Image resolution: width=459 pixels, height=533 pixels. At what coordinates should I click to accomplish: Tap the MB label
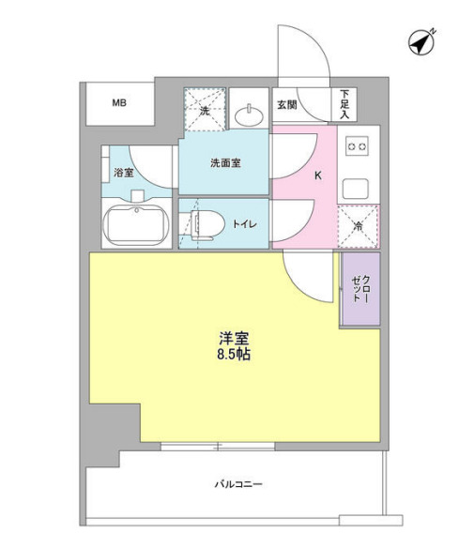pos(119,103)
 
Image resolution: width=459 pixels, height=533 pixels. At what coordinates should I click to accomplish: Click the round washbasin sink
pos(250,115)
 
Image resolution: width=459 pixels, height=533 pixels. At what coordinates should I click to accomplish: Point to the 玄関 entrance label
pos(286,105)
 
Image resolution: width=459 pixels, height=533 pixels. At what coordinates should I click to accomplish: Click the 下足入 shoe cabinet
pos(344,103)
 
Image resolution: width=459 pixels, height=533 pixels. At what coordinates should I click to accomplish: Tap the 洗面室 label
pos(224,162)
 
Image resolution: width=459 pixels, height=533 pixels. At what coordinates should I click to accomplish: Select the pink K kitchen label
pos(317,175)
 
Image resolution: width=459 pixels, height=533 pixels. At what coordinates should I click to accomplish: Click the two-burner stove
pos(357,145)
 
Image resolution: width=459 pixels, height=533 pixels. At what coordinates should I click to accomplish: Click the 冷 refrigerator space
pos(358,225)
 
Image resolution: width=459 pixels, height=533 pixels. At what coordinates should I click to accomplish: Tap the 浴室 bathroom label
pos(123,173)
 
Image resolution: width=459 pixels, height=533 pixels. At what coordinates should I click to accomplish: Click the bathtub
pos(138,225)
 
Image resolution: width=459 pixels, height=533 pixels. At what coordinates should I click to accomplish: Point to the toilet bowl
pos(207,223)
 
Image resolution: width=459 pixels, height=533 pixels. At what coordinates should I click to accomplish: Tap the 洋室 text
pos(235,339)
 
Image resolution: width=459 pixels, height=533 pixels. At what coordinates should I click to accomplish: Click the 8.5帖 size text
pos(235,357)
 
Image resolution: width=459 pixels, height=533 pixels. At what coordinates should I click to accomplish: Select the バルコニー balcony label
pos(236,485)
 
